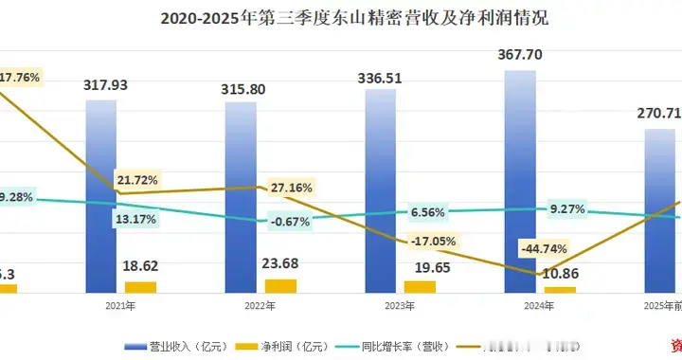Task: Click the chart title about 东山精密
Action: point(341,18)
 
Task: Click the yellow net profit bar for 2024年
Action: point(559,288)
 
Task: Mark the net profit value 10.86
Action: point(560,271)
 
